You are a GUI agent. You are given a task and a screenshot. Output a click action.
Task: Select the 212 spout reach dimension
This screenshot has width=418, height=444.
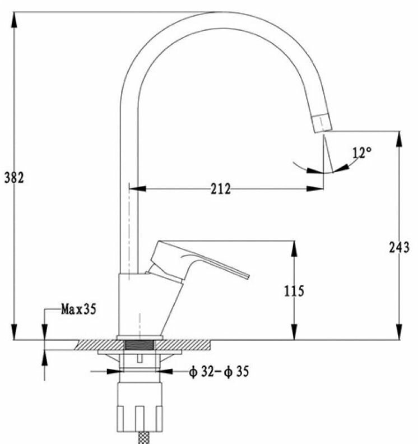221,189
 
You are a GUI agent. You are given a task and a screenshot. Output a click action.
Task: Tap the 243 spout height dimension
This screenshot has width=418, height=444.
399,247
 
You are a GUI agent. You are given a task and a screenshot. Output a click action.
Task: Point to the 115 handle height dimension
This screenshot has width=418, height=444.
294,291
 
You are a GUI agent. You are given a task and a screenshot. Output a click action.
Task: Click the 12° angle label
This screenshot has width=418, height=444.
362,152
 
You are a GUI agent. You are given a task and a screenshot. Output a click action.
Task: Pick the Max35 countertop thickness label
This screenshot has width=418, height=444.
78,309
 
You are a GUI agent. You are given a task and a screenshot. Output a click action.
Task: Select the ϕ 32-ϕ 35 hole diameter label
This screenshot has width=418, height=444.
219,371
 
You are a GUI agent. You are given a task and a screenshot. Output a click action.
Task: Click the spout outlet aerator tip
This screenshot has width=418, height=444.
321,122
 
